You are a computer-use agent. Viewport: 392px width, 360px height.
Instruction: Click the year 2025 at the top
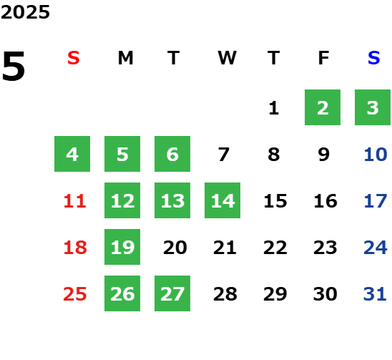[25, 12]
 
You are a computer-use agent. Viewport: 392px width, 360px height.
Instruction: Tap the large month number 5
[14, 66]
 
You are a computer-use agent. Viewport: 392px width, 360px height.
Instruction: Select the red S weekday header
[74, 58]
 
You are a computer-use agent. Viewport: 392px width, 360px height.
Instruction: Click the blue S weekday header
[373, 58]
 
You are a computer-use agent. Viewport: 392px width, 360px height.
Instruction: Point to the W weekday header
[227, 58]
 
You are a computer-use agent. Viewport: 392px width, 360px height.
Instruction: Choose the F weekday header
[323, 58]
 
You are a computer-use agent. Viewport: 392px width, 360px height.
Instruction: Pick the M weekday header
[125, 58]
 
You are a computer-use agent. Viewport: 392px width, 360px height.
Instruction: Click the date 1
[273, 108]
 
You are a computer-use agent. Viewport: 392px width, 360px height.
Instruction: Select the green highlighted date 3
[373, 107]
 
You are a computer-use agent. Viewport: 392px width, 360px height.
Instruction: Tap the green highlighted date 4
[72, 154]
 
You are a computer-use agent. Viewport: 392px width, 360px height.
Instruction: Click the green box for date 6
[172, 154]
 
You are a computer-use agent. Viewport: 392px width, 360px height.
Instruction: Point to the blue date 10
[376, 155]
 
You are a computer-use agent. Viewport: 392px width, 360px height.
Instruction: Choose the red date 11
[74, 201]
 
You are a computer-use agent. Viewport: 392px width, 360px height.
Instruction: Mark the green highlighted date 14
[222, 200]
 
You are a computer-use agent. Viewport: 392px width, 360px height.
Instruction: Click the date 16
[325, 201]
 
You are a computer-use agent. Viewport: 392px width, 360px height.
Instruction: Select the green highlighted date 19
[122, 247]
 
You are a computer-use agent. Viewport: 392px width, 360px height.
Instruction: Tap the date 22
[275, 248]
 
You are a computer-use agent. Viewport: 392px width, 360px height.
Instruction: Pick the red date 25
[75, 294]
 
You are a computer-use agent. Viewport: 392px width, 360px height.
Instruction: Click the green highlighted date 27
[172, 293]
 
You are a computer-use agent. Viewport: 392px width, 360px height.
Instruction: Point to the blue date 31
[375, 294]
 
